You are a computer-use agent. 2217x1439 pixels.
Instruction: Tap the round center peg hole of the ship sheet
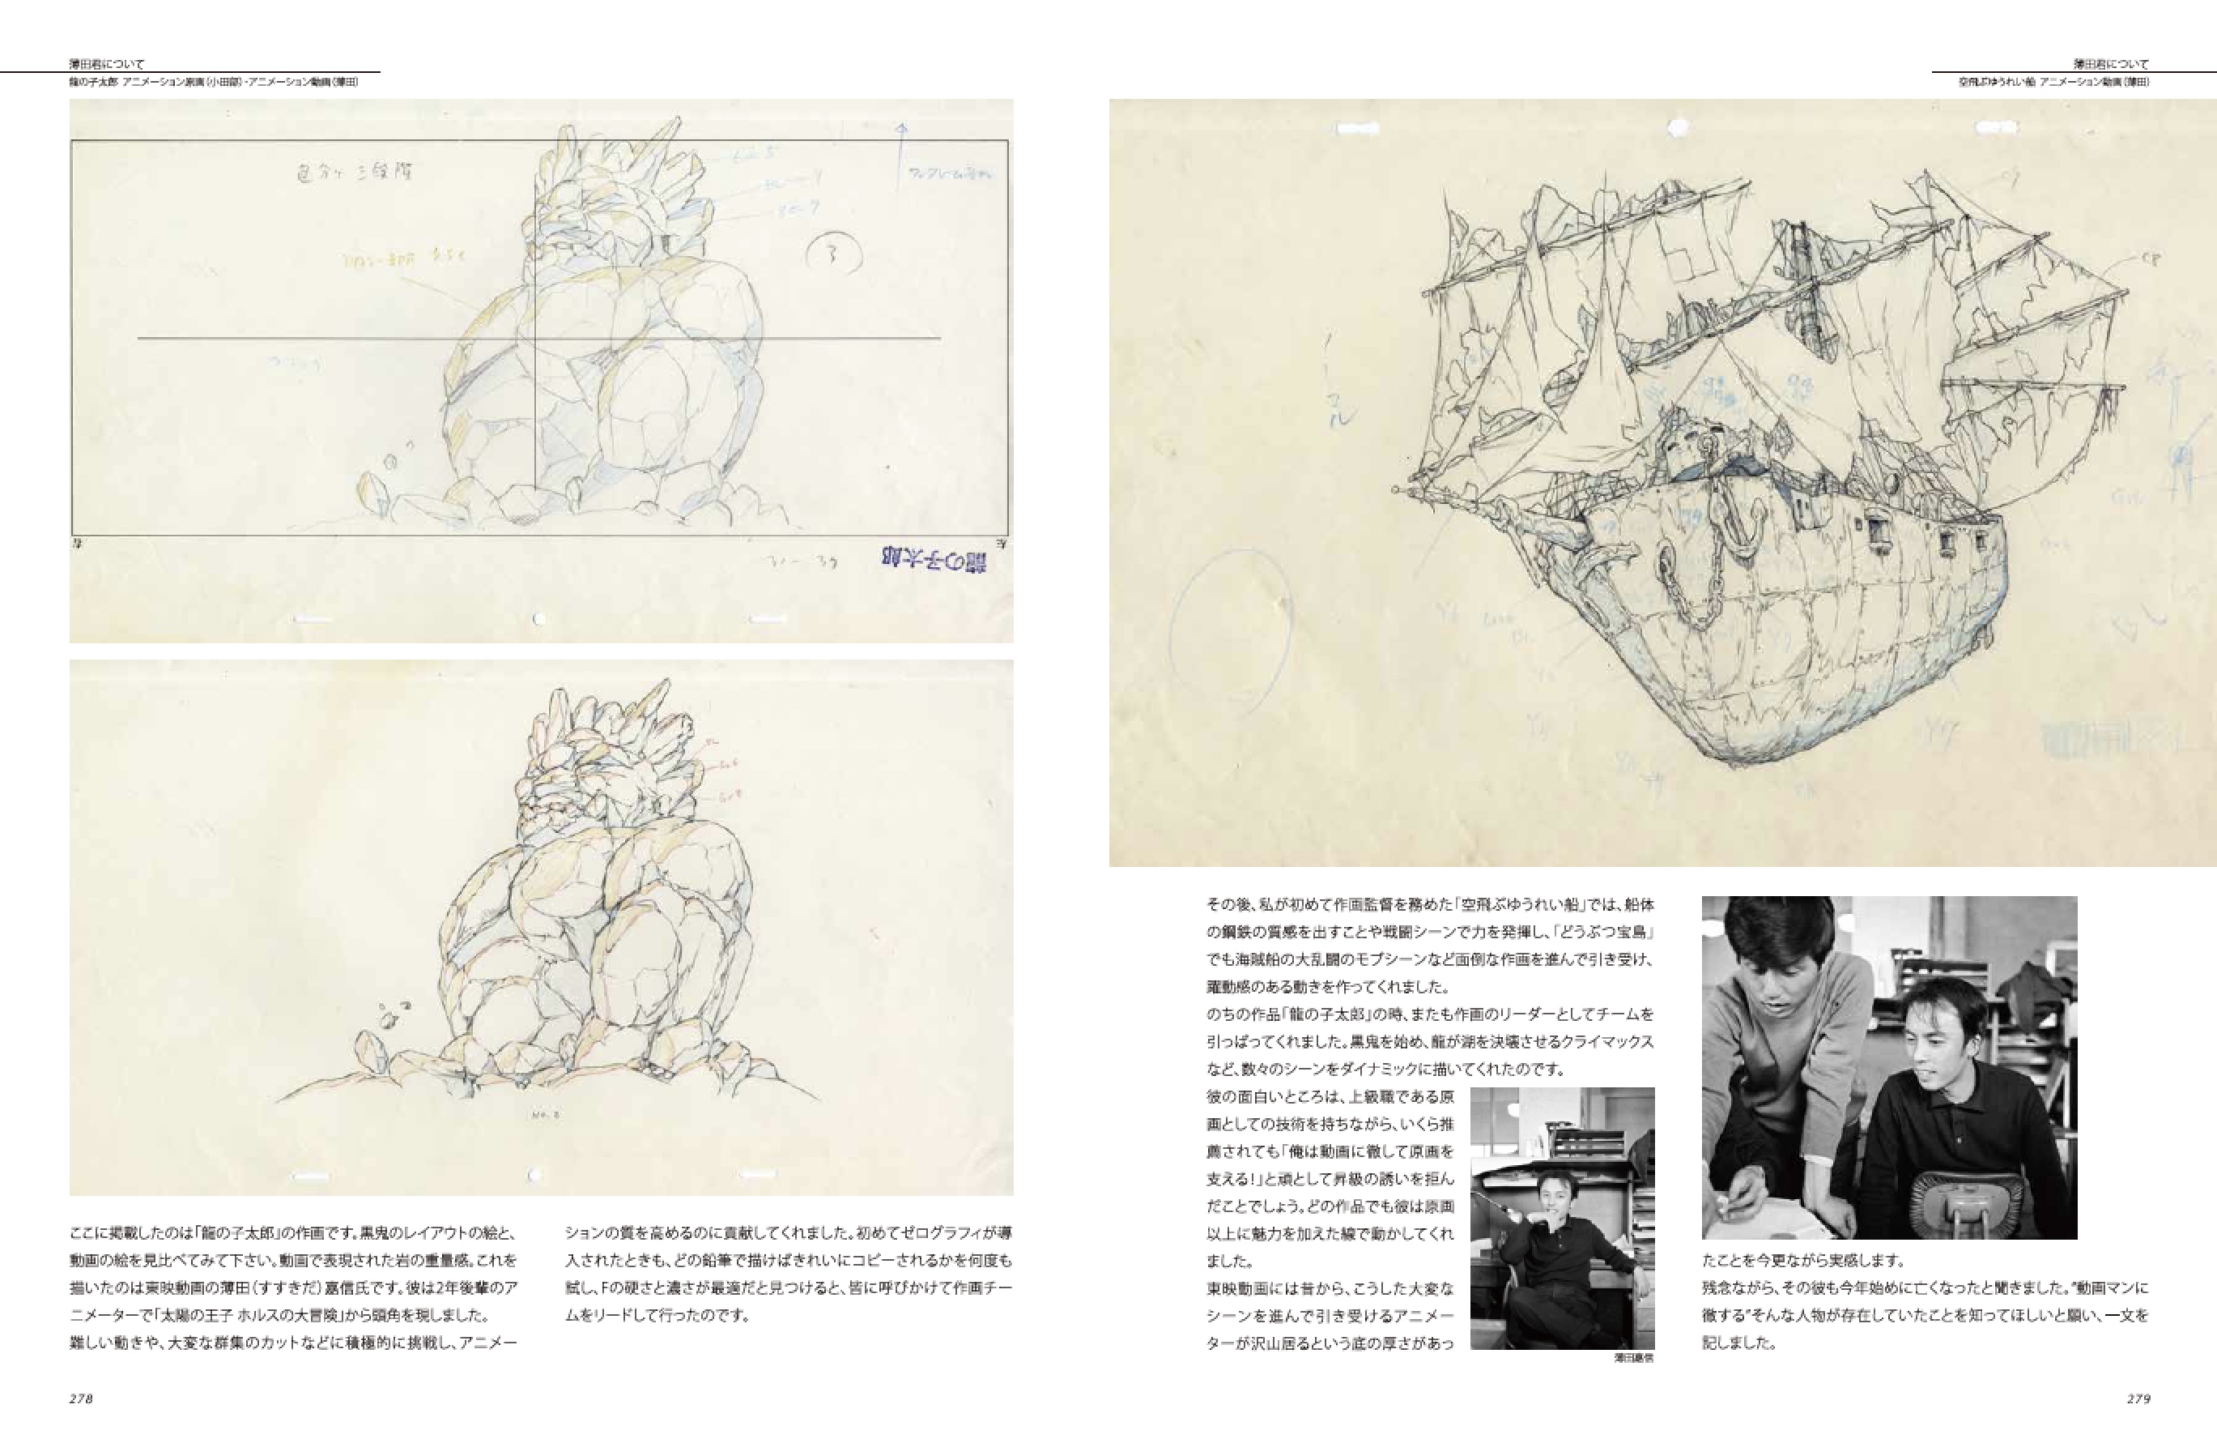[1679, 126]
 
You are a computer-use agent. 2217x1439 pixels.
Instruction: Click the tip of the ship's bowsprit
[1398, 489]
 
